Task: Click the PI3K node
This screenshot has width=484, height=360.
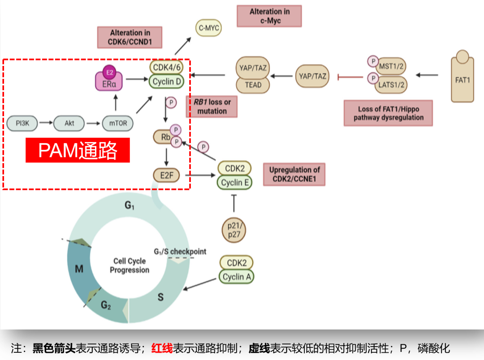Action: (22, 122)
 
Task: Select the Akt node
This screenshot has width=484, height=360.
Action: (69, 123)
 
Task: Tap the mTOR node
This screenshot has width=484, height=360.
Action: (118, 123)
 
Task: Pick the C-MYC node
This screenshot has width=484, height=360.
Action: (209, 29)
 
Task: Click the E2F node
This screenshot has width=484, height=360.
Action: (166, 175)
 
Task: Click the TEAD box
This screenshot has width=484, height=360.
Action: (253, 85)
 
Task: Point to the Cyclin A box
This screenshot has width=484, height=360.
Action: (236, 277)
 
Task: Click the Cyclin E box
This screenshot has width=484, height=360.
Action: (235, 182)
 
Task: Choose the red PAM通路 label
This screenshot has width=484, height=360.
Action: (78, 150)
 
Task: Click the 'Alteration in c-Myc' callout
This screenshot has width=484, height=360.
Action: (269, 16)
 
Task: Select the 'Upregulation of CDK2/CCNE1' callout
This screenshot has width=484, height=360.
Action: (294, 174)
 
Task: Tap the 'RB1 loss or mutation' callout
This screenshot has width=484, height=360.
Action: (212, 107)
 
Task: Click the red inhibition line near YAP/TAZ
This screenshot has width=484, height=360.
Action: (350, 77)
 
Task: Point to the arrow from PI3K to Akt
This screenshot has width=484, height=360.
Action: (45, 122)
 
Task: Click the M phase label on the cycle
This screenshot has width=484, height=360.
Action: (79, 269)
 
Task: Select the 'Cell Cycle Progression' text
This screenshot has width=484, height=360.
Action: (130, 265)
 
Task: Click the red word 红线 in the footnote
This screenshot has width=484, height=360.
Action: (162, 348)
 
